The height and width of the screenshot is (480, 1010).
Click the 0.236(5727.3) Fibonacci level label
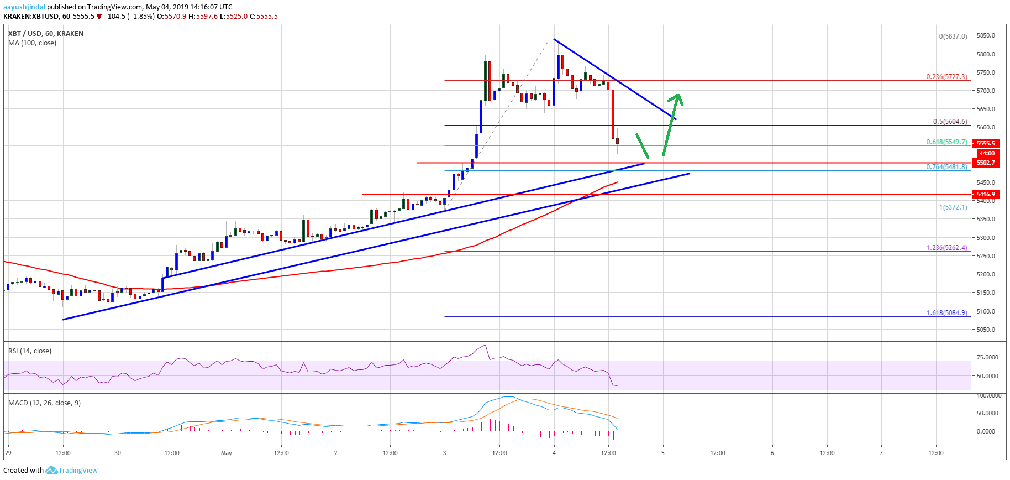(x=946, y=77)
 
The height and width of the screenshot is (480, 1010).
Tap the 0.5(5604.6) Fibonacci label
(x=950, y=122)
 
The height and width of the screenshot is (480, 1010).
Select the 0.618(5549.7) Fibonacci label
(x=946, y=142)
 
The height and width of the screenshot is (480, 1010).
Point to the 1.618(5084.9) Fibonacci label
(x=946, y=313)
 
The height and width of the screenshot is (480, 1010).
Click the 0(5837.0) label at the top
(x=953, y=36)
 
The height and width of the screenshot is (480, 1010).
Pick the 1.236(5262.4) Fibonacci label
(x=946, y=248)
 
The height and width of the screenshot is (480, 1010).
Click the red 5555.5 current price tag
(x=986, y=143)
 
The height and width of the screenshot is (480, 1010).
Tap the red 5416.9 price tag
(x=986, y=194)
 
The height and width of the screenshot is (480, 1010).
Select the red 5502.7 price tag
(x=986, y=163)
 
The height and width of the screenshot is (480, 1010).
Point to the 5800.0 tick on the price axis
(x=986, y=54)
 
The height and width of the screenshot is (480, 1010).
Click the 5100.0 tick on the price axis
(x=986, y=311)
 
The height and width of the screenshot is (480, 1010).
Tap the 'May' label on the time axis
(x=227, y=453)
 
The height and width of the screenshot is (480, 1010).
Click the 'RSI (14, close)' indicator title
(x=30, y=351)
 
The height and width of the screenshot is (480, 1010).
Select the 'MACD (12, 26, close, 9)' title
(x=44, y=403)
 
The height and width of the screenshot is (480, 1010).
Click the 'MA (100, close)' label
(x=32, y=43)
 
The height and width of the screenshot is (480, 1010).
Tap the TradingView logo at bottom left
(x=72, y=471)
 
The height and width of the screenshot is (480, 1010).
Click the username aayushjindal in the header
(x=24, y=7)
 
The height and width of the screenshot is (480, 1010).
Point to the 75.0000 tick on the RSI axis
(x=987, y=357)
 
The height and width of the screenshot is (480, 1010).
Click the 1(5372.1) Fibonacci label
(x=953, y=207)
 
